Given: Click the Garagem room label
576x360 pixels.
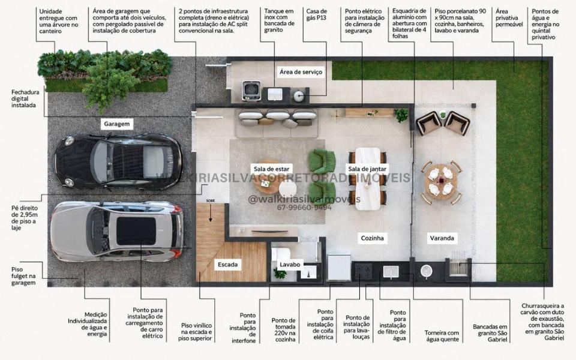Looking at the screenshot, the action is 116,124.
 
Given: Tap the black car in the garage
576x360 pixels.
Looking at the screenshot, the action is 118,161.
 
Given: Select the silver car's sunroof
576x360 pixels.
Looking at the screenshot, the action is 136,231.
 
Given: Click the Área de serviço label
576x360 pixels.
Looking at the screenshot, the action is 301,72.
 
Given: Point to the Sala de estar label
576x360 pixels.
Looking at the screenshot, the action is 271,169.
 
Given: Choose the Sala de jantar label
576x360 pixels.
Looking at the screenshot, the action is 367,169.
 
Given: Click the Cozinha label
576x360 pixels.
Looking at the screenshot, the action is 372,238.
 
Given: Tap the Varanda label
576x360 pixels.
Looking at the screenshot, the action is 442,238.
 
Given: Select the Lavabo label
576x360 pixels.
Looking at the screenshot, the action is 290,265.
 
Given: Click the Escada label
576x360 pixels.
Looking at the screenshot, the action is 228,265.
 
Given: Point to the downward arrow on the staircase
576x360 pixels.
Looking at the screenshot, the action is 211,213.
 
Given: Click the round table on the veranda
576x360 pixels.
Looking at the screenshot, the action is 441,182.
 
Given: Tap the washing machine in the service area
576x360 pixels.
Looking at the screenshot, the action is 251,91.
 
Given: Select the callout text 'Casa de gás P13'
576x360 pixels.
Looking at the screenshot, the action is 316,14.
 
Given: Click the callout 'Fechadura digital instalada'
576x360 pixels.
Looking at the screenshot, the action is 25,98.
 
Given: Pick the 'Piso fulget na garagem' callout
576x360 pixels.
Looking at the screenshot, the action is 23,276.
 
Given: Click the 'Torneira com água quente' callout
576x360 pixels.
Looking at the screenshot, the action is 442,336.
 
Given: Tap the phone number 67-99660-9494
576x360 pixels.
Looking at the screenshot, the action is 304,208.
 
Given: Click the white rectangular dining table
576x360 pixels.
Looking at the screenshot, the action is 368,179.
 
